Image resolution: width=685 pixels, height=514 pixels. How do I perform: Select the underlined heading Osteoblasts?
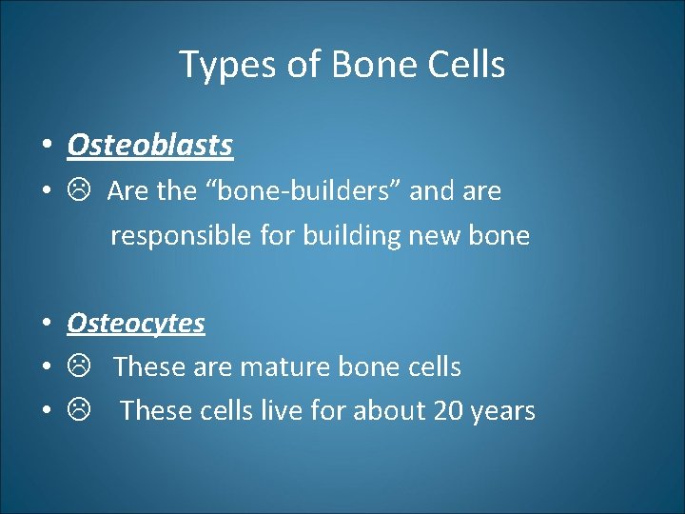(x=150, y=146)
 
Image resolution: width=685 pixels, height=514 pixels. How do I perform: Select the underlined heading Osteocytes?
(x=136, y=324)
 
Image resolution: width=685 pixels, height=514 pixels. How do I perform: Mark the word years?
(x=505, y=412)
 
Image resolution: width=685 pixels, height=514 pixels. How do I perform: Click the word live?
(x=295, y=411)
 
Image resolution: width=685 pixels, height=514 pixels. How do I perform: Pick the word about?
(x=389, y=411)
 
